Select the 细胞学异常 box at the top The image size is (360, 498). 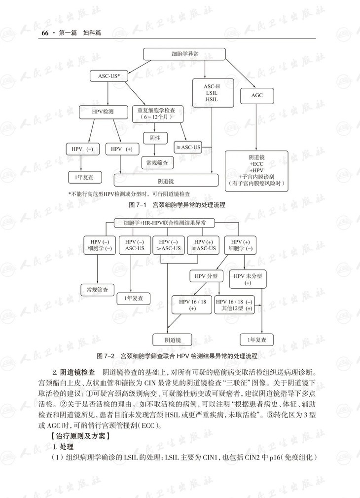[x=184, y=54]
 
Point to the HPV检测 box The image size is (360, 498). [x=103, y=112]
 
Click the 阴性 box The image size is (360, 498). [x=155, y=138]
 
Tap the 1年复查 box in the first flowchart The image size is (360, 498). [x=84, y=176]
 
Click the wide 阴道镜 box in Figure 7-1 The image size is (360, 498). [x=166, y=181]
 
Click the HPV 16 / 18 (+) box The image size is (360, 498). [x=192, y=304]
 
